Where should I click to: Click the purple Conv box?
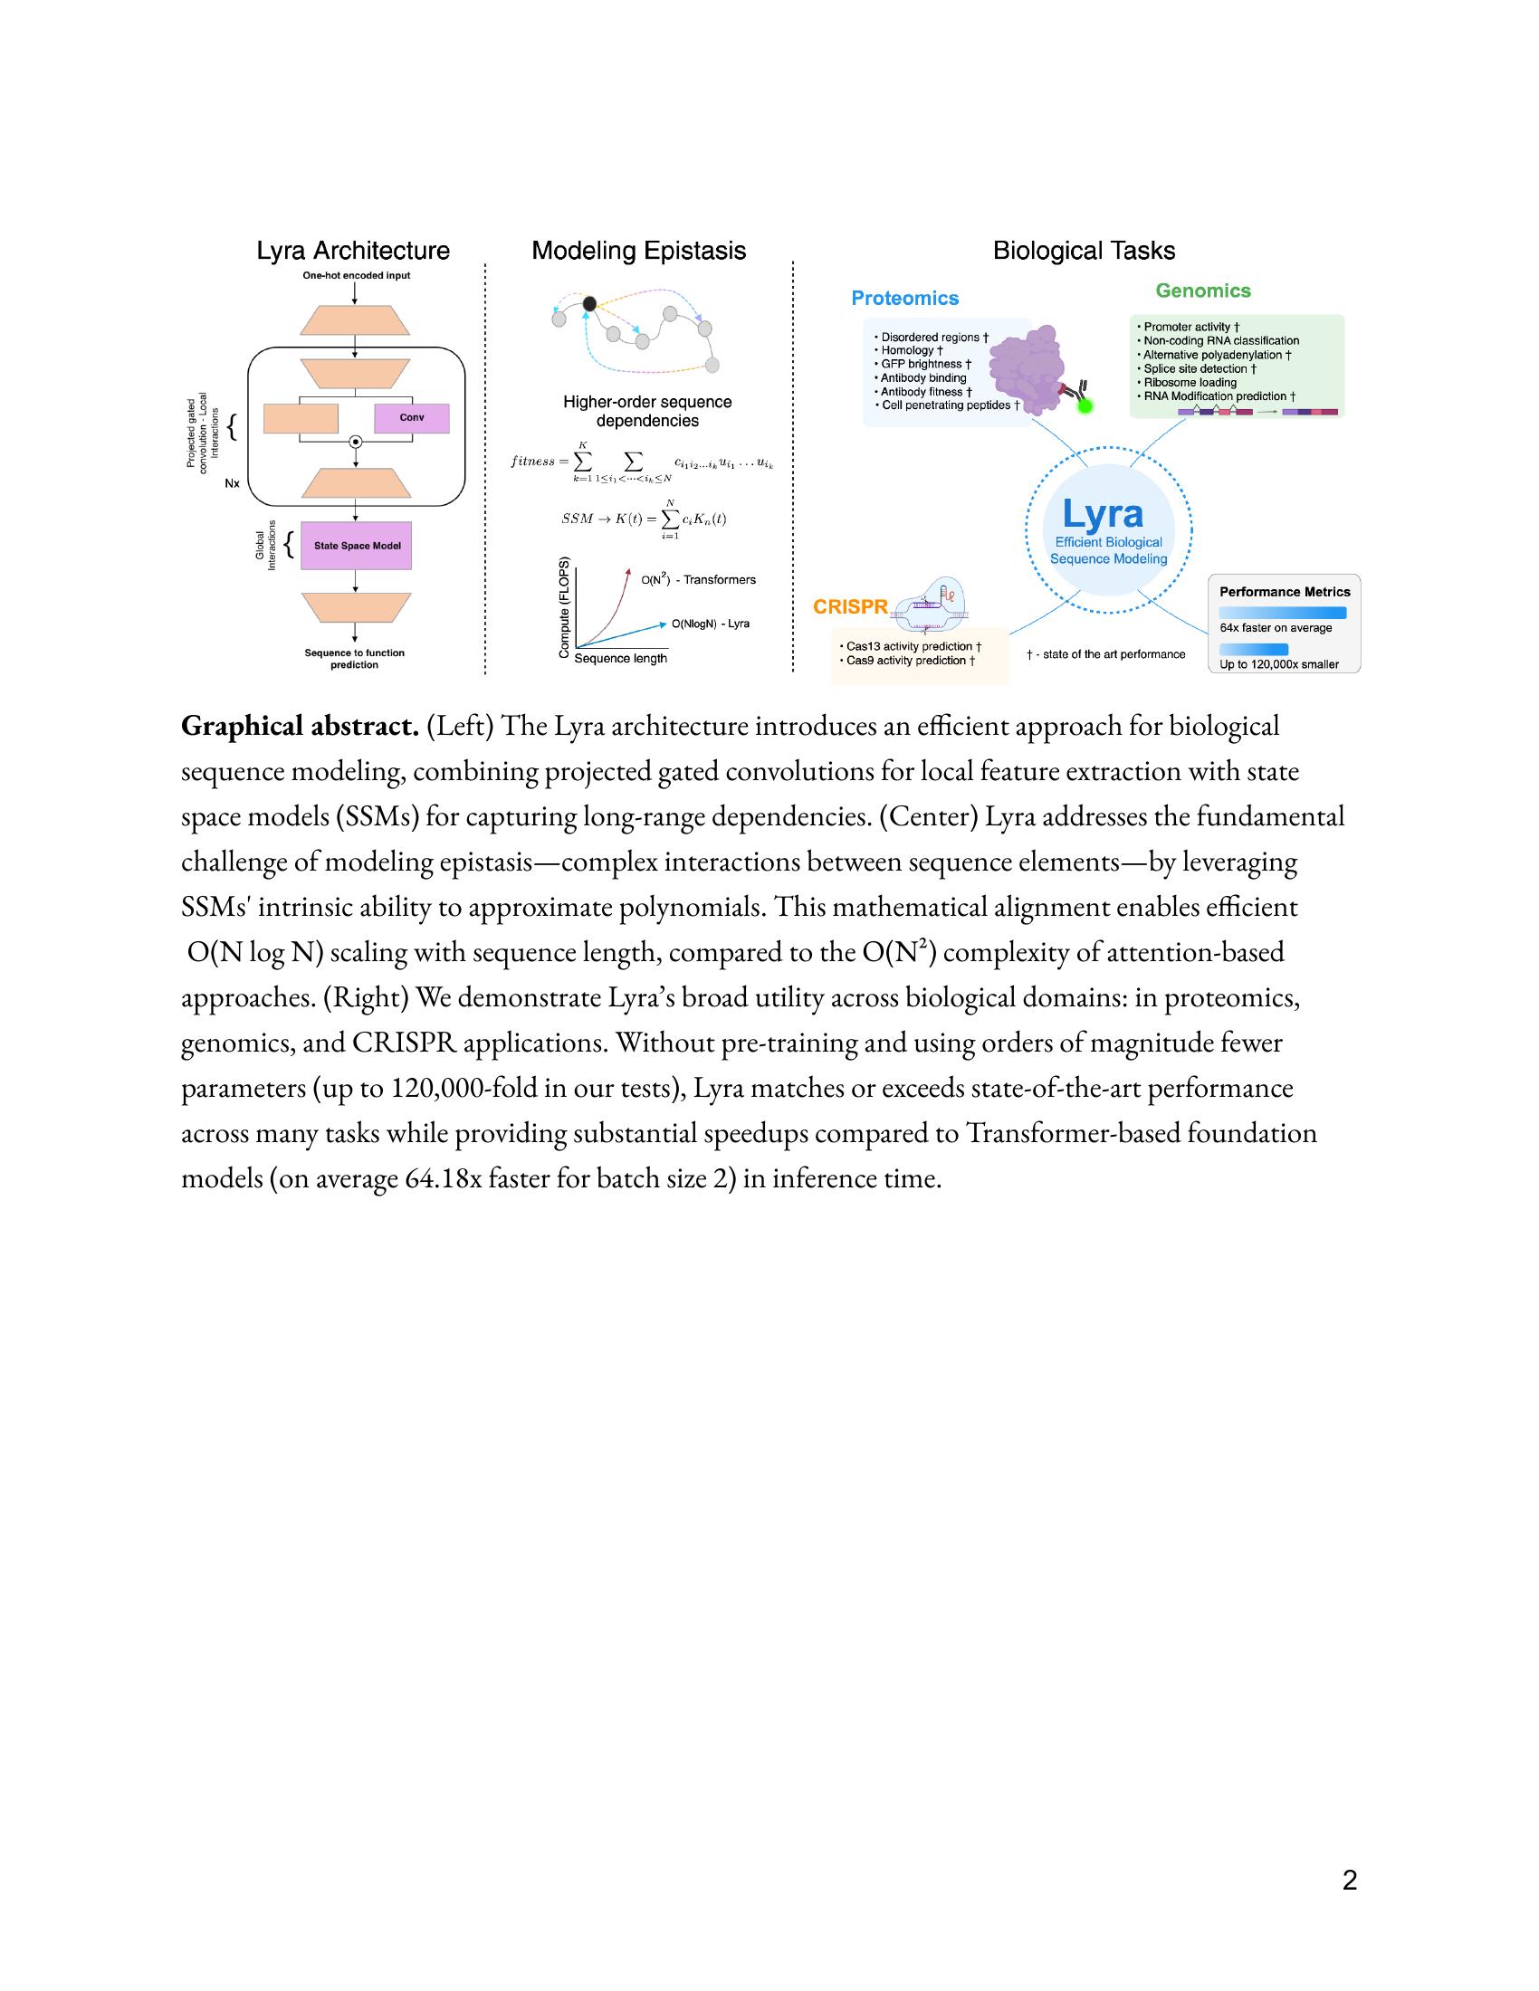click(x=411, y=418)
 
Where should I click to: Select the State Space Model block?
click(x=357, y=546)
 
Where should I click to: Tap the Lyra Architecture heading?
click(x=353, y=251)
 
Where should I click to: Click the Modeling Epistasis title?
click(x=638, y=251)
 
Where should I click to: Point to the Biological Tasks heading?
click(x=1083, y=251)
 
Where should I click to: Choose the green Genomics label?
click(x=1202, y=291)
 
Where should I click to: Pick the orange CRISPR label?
click(x=850, y=607)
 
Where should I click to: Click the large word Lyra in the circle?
click(x=1103, y=514)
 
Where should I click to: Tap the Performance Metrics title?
click(x=1284, y=592)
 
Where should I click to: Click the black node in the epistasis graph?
click(x=589, y=303)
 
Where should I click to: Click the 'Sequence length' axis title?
click(x=620, y=658)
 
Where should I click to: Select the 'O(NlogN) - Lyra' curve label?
click(x=711, y=624)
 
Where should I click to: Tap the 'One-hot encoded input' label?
click(x=357, y=275)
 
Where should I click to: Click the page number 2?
click(x=1350, y=1880)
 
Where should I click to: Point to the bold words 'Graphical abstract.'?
click(x=299, y=727)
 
